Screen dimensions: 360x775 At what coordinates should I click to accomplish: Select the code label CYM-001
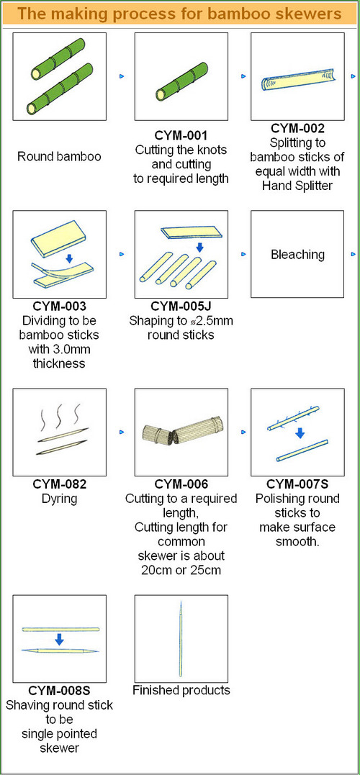tap(181, 135)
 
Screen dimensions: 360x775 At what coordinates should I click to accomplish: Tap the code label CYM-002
tap(297, 129)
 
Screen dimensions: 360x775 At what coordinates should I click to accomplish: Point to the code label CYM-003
tap(59, 305)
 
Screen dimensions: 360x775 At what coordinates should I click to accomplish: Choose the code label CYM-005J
tap(181, 305)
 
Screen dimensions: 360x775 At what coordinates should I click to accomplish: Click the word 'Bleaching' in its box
tap(297, 255)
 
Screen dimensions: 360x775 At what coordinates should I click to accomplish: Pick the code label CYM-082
tap(59, 484)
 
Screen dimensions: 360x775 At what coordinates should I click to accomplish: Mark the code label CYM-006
tap(181, 484)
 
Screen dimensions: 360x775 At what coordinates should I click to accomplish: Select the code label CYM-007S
tap(297, 484)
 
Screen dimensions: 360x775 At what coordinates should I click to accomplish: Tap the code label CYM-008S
tap(59, 690)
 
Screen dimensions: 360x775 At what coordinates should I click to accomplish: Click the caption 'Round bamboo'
tap(59, 157)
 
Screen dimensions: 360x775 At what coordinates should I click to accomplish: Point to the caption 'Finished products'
tap(181, 690)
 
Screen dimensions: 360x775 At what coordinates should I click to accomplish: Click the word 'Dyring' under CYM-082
tap(59, 499)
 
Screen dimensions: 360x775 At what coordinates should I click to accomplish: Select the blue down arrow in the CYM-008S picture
tap(59, 640)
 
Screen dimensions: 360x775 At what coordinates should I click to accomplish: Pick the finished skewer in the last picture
tap(181, 639)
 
